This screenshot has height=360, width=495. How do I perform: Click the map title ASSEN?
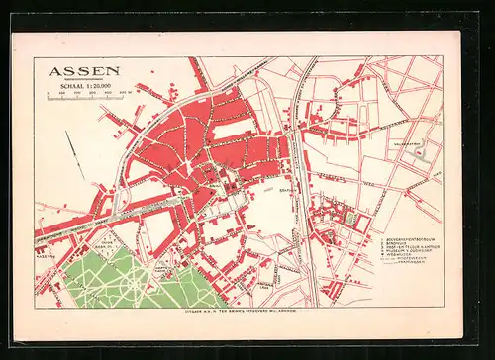point(84,70)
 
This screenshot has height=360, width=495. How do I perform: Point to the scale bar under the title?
point(87,96)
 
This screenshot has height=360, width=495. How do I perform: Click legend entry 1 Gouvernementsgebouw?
point(402,239)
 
